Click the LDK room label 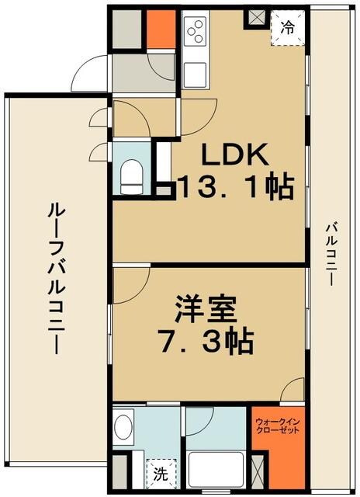click(236, 155)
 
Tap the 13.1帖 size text click(236, 187)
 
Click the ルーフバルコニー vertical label click(55, 277)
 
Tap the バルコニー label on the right click(331, 253)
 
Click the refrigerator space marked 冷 click(286, 30)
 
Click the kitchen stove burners click(195, 32)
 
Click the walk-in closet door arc click(292, 389)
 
